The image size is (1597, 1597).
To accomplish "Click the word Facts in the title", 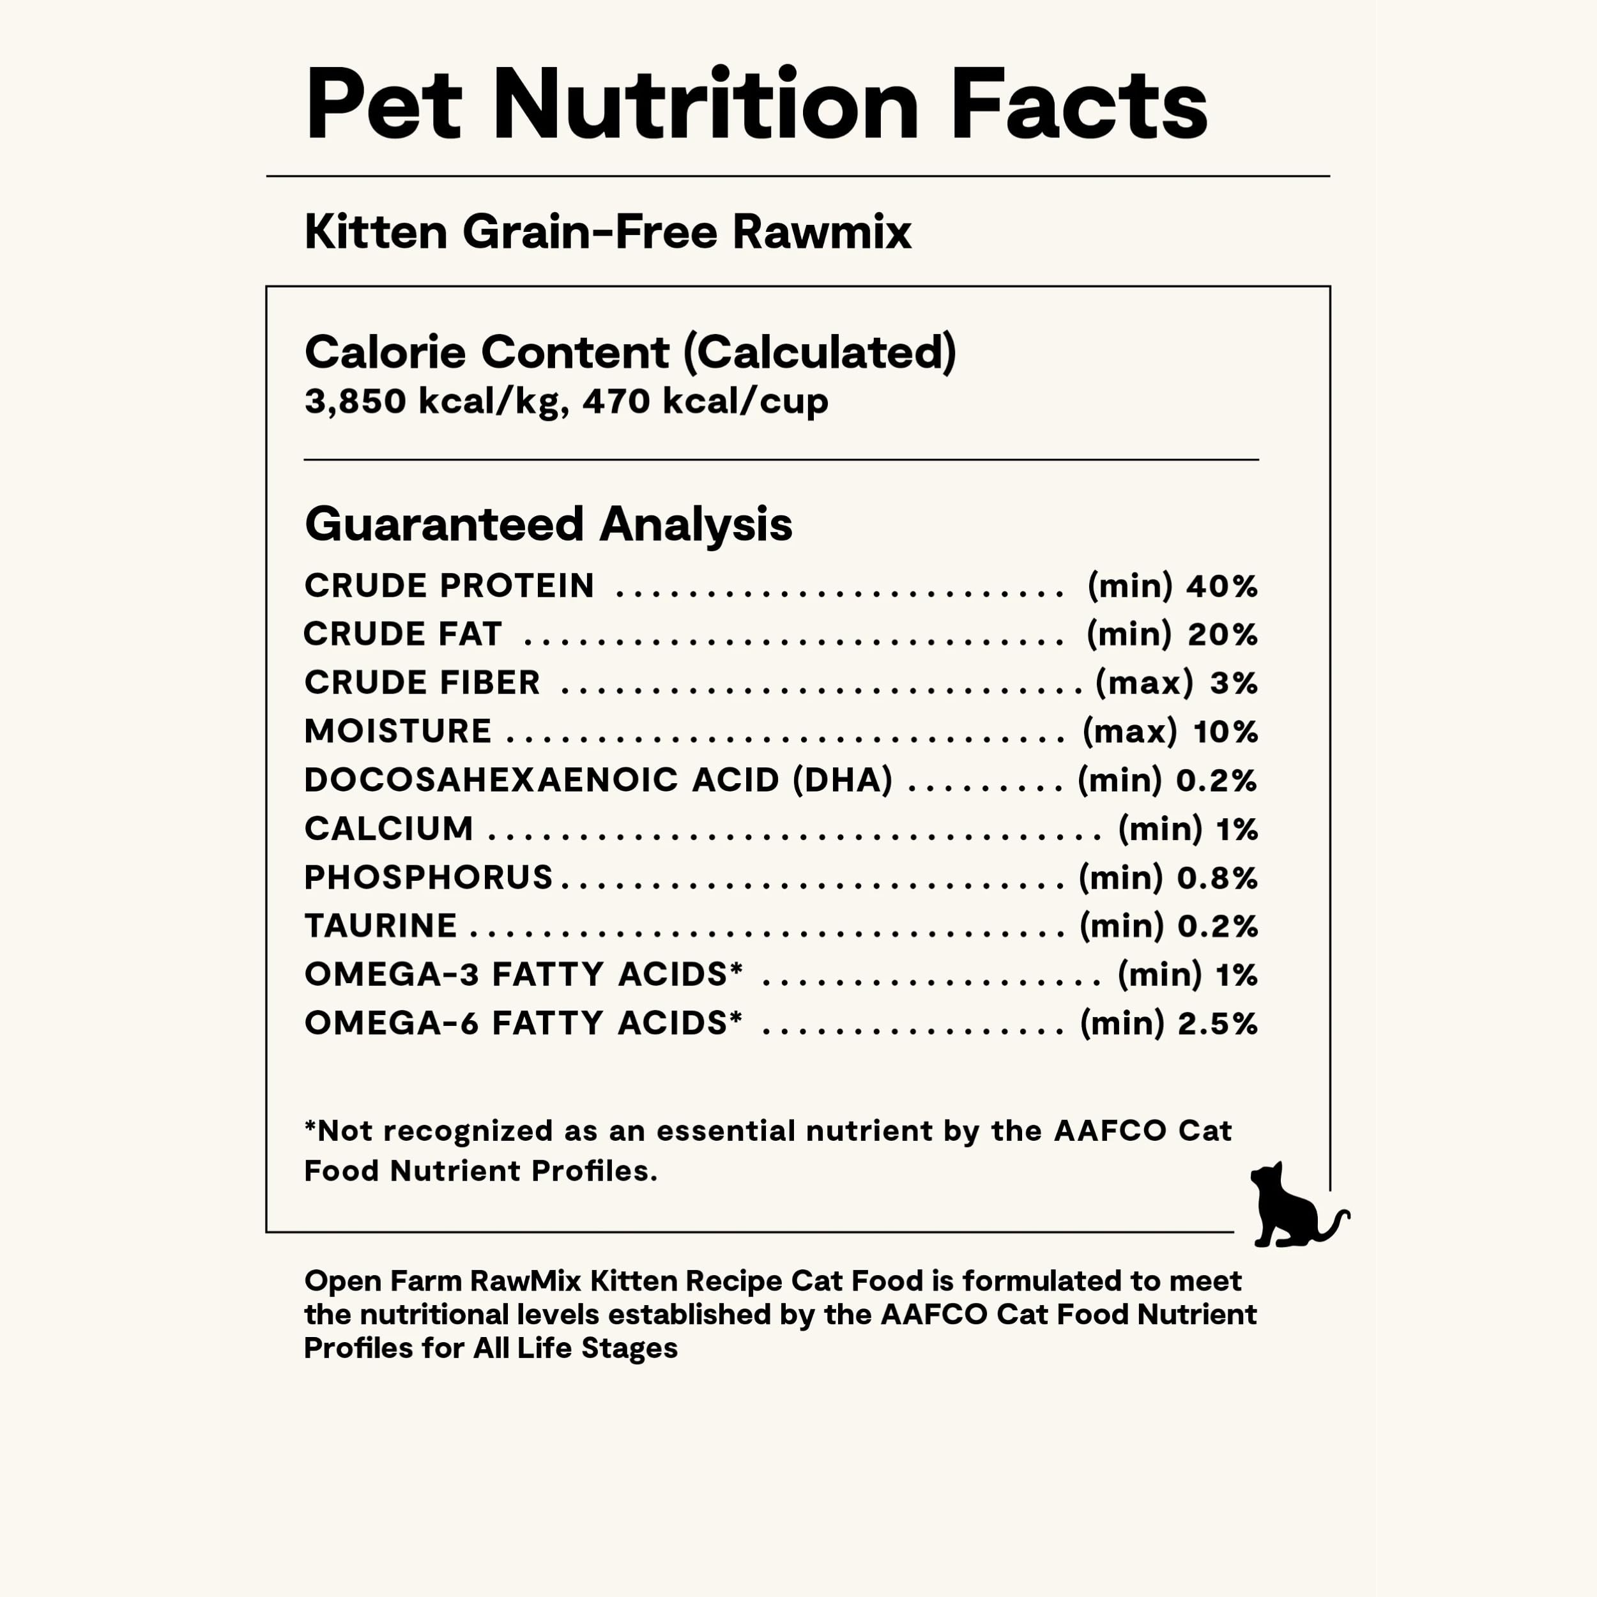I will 1079,105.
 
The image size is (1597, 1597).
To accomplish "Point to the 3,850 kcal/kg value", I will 436,402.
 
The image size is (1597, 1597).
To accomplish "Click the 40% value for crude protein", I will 1222,586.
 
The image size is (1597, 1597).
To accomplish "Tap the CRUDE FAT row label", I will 402,634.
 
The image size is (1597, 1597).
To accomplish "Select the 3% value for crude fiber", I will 1234,683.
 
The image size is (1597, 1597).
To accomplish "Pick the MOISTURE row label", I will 397,731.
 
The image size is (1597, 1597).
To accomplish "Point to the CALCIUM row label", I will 388,829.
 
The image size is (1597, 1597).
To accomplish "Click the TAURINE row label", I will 380,926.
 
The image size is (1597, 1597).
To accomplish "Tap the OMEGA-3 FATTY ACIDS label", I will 523,975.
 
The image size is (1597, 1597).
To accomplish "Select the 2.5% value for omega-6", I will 1217,1023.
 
